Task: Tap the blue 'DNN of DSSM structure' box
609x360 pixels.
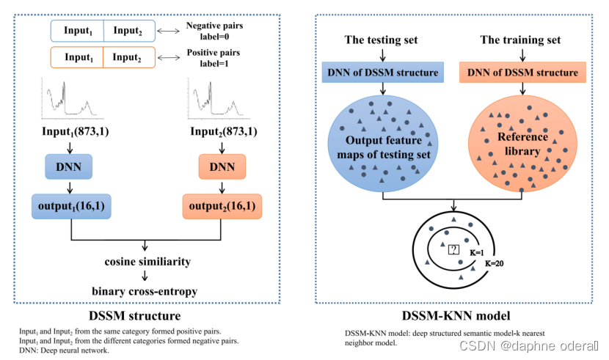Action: click(381, 72)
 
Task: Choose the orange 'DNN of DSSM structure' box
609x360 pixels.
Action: click(521, 72)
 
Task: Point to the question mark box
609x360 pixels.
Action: click(453, 248)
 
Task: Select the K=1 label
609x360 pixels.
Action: click(476, 251)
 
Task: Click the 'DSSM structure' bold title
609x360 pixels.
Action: click(134, 316)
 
